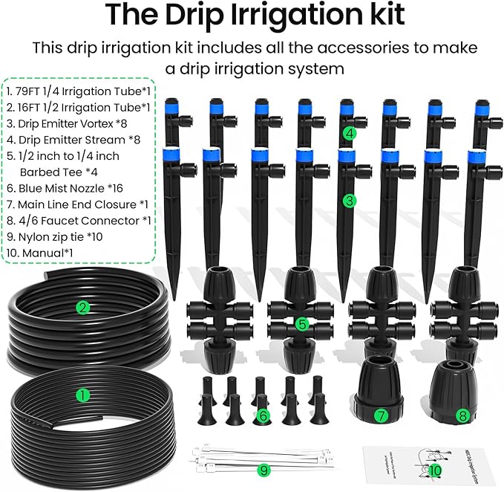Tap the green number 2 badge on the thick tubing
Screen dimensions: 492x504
click(x=84, y=306)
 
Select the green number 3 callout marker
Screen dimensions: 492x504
click(x=350, y=200)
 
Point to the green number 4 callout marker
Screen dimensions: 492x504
click(x=350, y=134)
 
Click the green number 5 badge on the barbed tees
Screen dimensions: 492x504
click(x=301, y=324)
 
